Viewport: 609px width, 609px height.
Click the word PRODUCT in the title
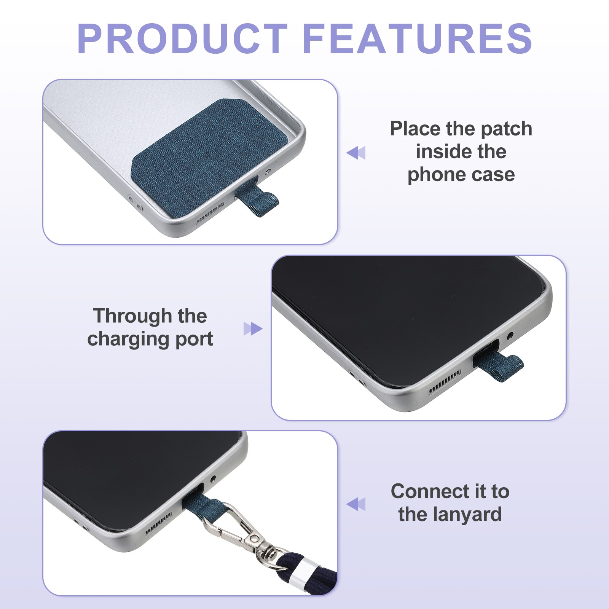point(182,39)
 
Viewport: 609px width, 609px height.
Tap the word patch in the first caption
point(506,129)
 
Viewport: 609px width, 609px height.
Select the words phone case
point(461,175)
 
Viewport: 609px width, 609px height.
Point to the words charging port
point(150,339)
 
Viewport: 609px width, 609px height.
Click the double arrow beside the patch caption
point(356,153)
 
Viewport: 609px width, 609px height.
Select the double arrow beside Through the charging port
point(253,328)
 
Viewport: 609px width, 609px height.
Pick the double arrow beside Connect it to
point(356,504)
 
